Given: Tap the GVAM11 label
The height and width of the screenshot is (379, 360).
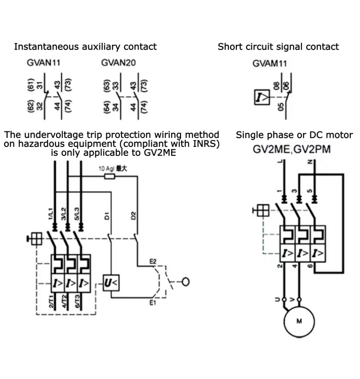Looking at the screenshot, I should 270,63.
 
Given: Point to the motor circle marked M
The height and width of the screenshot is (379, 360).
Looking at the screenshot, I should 299,321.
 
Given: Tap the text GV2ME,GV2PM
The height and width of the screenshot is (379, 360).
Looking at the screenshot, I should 292,149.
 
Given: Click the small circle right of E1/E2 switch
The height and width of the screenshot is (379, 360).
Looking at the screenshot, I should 186,282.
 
